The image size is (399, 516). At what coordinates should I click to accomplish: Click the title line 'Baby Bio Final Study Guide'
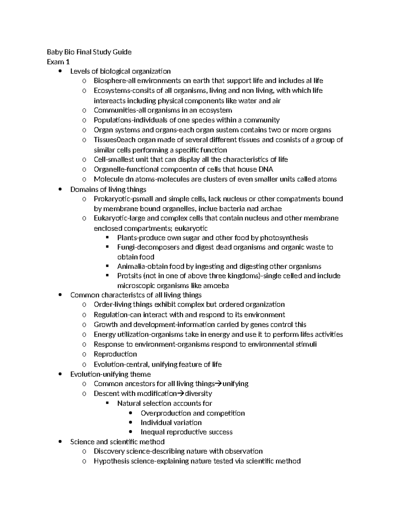pos(89,52)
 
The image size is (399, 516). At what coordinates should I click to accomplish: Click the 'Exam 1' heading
pos(58,62)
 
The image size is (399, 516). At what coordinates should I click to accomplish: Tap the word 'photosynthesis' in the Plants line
pos(284,238)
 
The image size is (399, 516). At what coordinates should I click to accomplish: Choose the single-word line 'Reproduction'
pos(115,354)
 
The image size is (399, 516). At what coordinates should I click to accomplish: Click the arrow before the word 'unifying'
pos(218,384)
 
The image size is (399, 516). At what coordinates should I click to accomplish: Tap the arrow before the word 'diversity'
pos(181,394)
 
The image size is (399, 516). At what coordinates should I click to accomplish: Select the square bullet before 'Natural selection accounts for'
pos(107,403)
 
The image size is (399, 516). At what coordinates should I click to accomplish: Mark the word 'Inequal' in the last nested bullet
pos(153,432)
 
